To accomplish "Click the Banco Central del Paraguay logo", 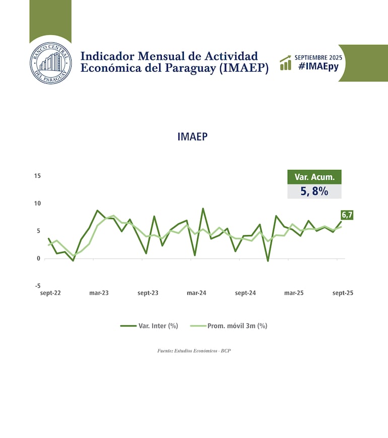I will [50, 63].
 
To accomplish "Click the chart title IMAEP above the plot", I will [192, 137].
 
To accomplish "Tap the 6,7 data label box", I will [347, 215].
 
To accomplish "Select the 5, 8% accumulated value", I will [314, 191].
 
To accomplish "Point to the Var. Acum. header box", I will [314, 177].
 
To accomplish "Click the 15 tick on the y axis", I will [37, 176].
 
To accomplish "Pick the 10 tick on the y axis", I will [37, 203].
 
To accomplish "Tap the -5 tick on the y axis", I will [38, 286].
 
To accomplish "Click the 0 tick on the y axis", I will [39, 258].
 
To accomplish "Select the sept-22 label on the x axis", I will [50, 293].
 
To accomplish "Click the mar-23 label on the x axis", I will [99, 293].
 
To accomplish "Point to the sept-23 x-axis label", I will [148, 293].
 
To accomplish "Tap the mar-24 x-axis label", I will [197, 293].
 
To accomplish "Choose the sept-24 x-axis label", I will [245, 293].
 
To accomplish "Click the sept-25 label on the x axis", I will [343, 293].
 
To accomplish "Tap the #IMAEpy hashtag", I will [318, 66].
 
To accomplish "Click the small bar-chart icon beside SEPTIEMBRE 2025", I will [286, 63].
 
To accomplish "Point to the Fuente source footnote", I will [194, 350].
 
